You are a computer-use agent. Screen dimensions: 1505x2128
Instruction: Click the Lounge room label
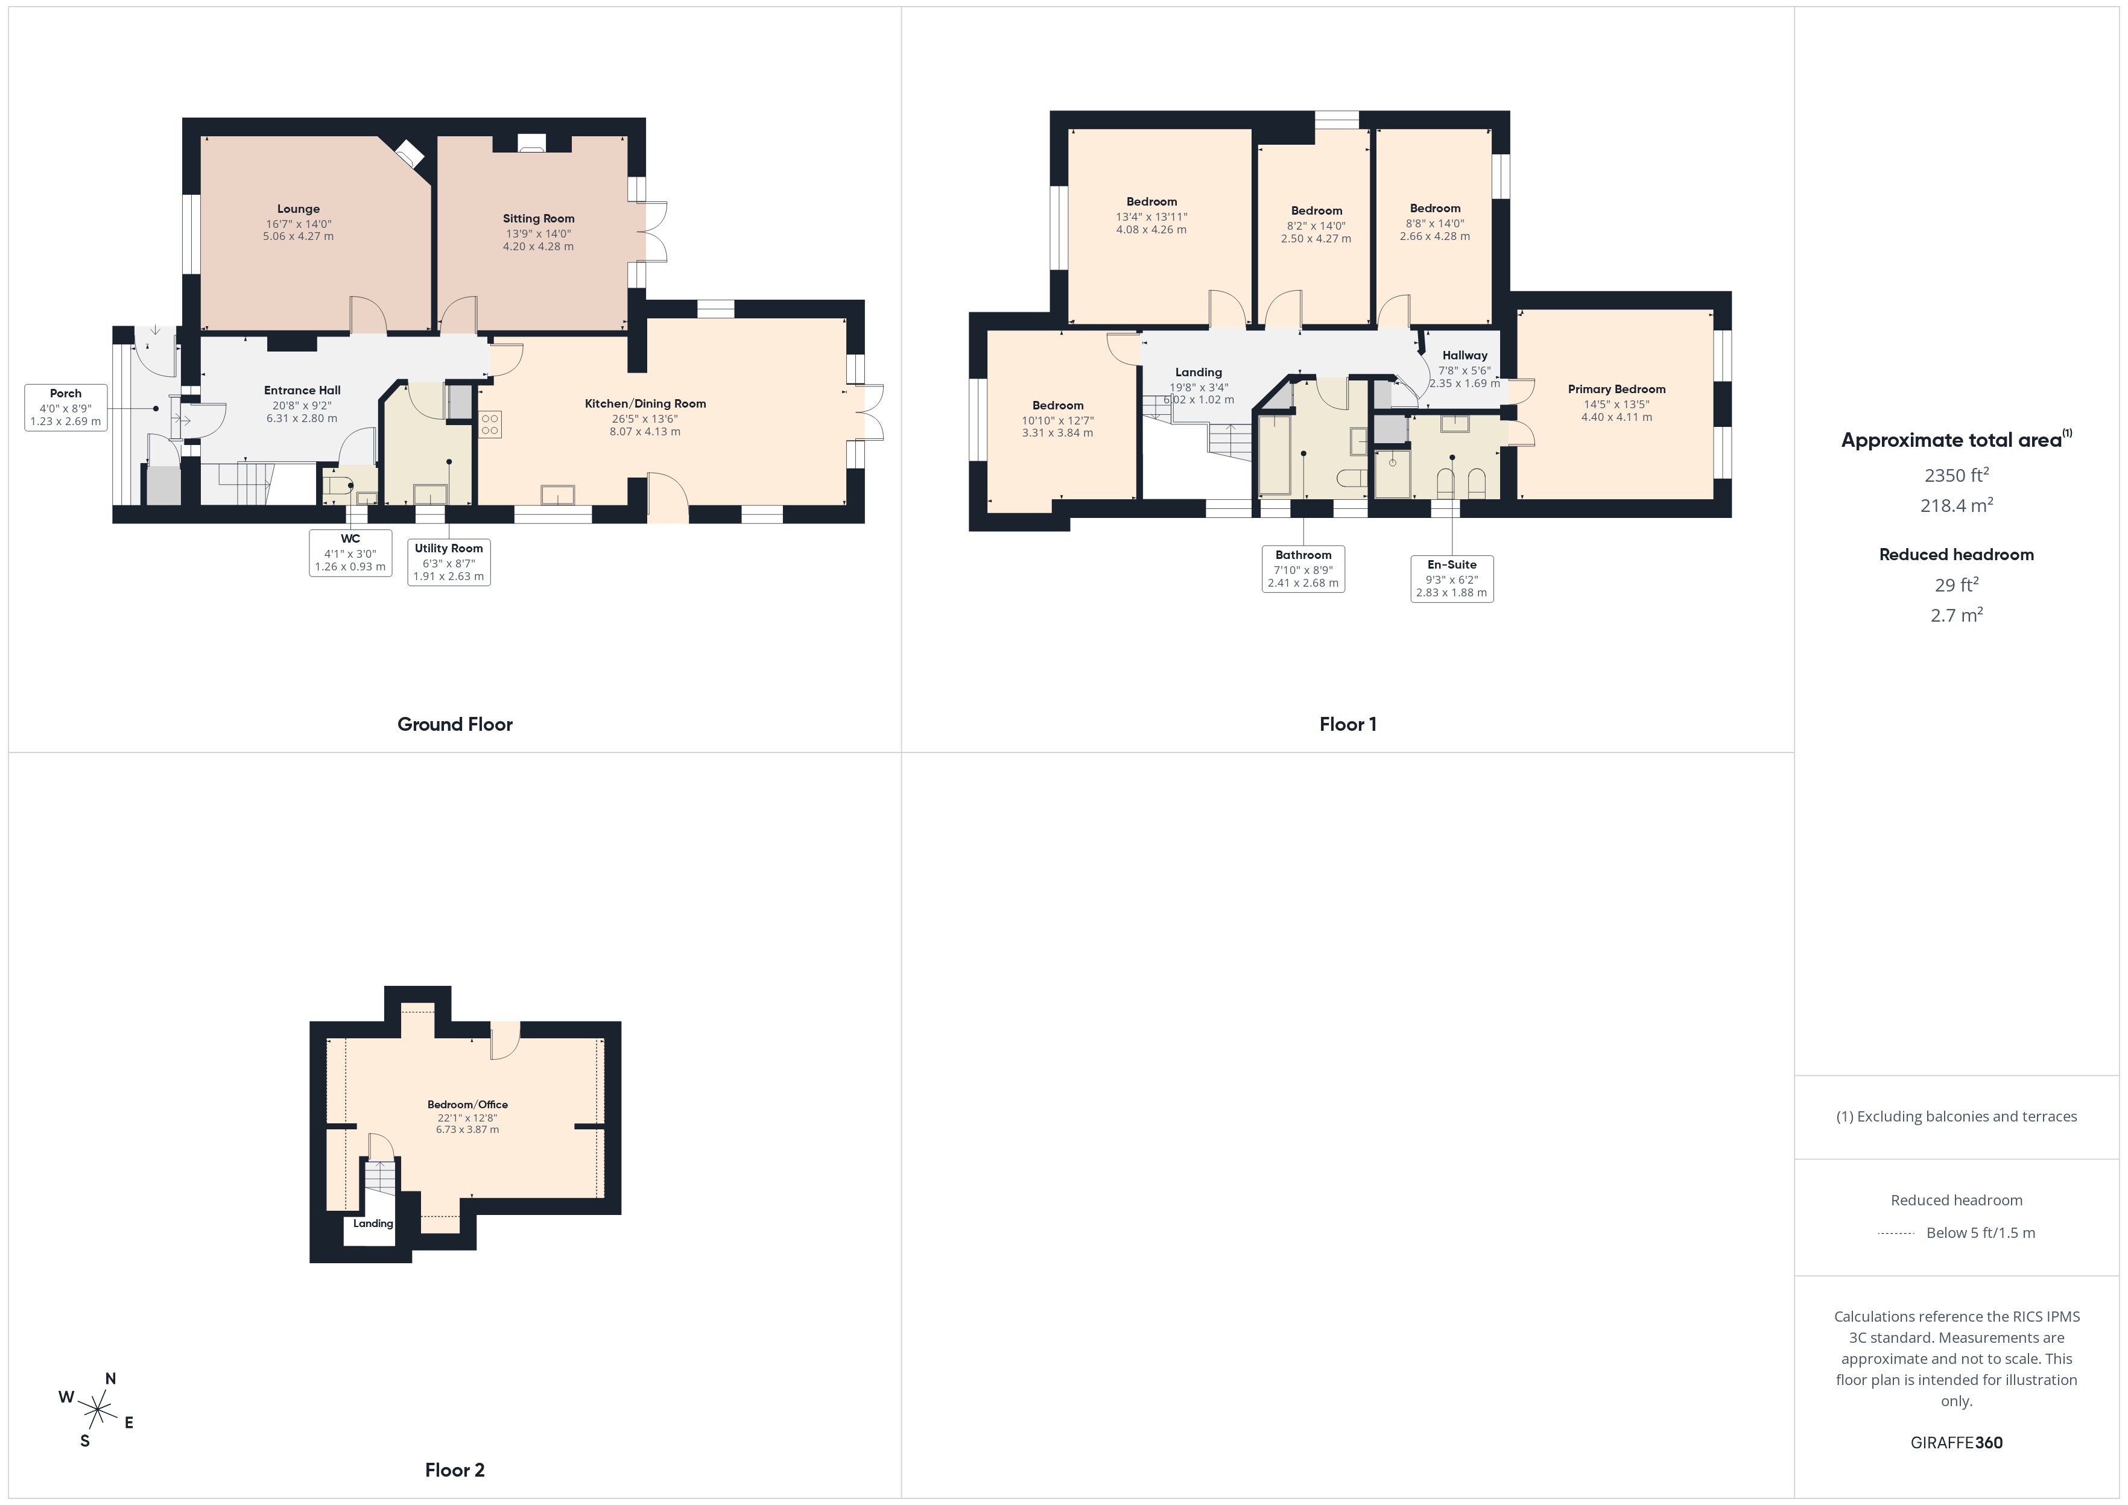coord(299,209)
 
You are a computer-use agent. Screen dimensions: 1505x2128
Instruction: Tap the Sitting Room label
coord(539,219)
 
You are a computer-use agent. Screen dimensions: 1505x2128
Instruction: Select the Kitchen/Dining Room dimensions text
coord(644,425)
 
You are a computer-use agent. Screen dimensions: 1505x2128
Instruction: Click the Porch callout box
coord(66,408)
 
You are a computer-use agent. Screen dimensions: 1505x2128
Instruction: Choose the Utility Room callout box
coord(449,561)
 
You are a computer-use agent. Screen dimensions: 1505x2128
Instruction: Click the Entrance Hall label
coord(302,390)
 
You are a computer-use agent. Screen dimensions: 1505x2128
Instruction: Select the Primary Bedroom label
coord(1617,390)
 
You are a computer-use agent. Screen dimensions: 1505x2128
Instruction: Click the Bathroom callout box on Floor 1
coord(1303,569)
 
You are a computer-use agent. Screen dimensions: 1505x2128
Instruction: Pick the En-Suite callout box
coord(1451,578)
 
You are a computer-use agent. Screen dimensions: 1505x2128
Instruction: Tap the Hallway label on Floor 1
coord(1465,355)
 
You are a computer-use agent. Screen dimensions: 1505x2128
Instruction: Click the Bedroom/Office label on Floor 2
coord(467,1105)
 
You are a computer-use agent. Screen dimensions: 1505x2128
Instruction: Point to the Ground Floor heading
coord(455,725)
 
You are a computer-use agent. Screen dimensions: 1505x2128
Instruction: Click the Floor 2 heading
coord(455,1470)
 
